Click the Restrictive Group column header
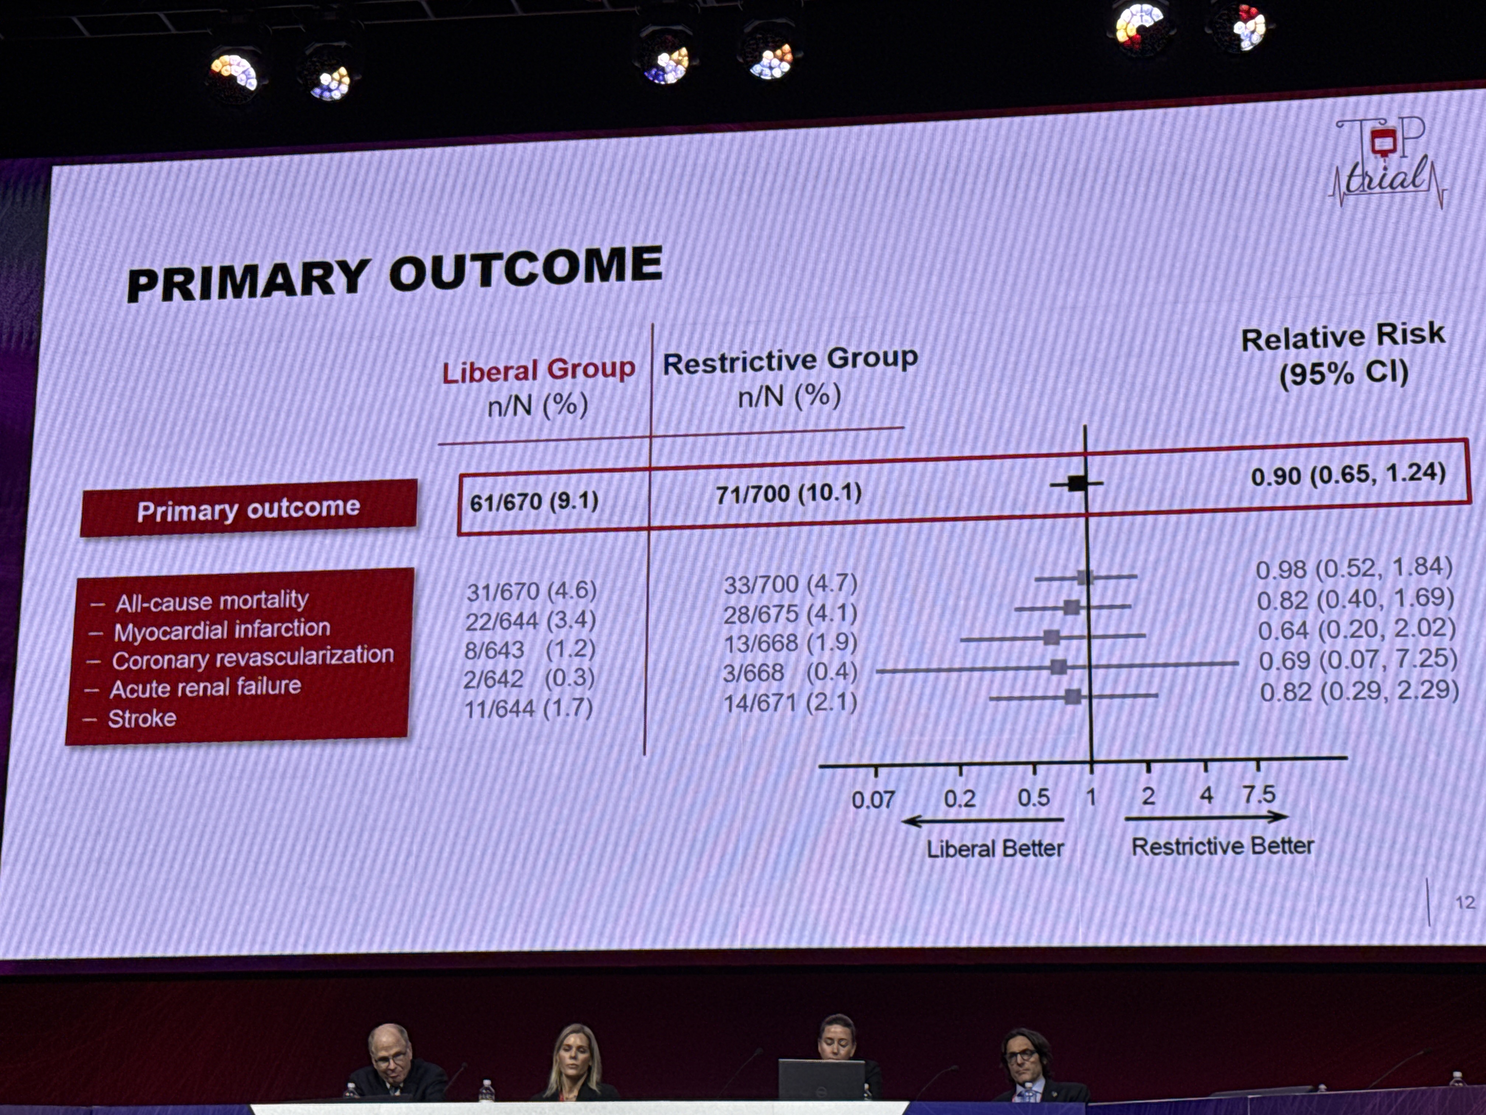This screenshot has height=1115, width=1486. [790, 361]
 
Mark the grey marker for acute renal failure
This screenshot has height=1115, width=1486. [1059, 667]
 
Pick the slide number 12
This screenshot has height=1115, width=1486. [1465, 902]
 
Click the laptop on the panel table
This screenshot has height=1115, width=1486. [821, 1079]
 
